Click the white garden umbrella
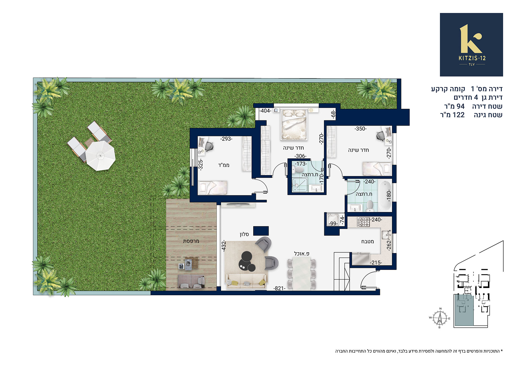[x=100, y=156]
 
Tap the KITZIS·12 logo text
[x=472, y=58]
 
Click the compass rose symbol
[x=440, y=318]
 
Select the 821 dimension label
[x=279, y=288]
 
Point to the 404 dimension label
[x=265, y=111]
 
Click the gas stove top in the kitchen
[x=363, y=222]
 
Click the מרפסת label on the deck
[x=191, y=241]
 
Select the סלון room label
[x=244, y=234]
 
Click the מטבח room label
[x=368, y=242]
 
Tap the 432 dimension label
[x=224, y=246]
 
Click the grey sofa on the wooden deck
[x=191, y=281]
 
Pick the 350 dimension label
[x=360, y=129]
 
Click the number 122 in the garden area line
[x=458, y=115]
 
